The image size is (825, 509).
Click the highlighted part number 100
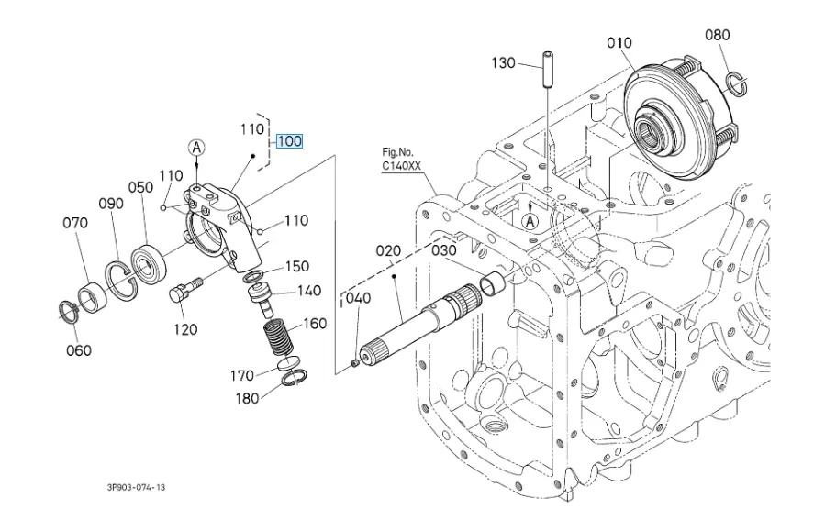289,141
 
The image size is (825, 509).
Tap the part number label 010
619,42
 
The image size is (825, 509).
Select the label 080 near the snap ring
718,36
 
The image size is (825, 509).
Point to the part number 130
504,63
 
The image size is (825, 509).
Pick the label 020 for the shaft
388,249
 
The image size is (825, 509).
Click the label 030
444,249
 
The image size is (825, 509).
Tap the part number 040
357,298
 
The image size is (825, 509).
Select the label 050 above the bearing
140,187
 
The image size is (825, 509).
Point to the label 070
75,222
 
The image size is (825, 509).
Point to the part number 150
296,267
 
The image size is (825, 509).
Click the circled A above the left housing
196,147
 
